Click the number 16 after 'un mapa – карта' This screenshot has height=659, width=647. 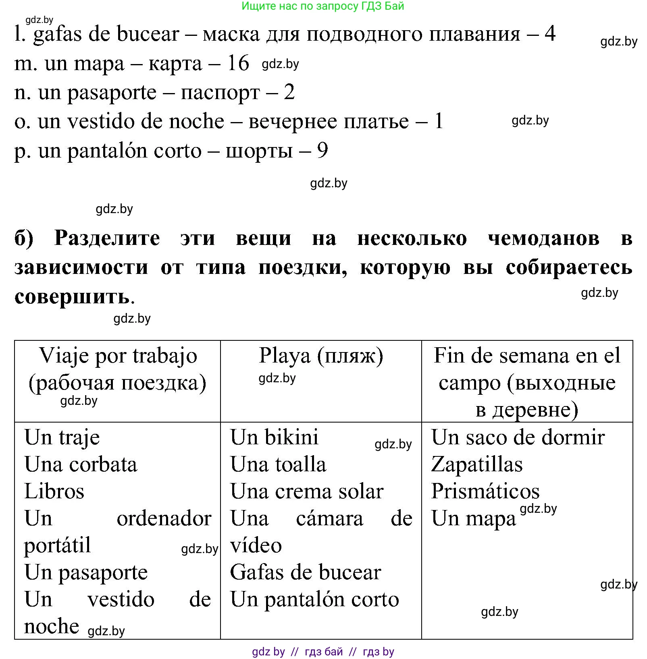[x=238, y=63]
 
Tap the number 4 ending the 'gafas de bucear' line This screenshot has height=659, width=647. [x=549, y=33]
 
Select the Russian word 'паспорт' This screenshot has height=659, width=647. [x=220, y=93]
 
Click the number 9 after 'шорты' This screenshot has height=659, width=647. [x=322, y=151]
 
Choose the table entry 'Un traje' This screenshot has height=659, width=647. [x=62, y=437]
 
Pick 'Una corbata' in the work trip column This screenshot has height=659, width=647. [x=81, y=464]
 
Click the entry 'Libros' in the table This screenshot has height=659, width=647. [x=54, y=491]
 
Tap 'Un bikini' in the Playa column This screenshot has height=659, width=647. [x=274, y=437]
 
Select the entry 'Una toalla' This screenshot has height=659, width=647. [x=278, y=464]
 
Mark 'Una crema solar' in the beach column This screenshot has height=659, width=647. [x=307, y=491]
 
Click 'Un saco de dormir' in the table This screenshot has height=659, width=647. [x=518, y=437]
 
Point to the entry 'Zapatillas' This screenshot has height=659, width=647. [x=476, y=464]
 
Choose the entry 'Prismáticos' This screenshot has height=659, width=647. [x=485, y=491]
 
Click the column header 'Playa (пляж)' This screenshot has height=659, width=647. [x=321, y=356]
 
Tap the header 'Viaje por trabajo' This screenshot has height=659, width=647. [x=118, y=356]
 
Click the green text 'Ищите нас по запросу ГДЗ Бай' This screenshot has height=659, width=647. [x=323, y=6]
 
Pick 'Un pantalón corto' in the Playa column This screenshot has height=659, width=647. [x=314, y=599]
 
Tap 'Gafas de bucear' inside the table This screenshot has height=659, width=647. [x=305, y=572]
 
